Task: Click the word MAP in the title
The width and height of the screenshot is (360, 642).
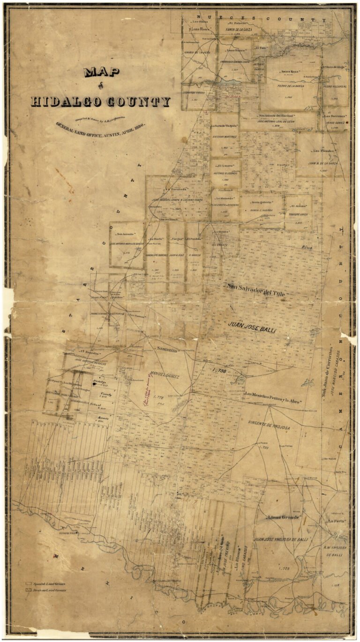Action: click(101, 72)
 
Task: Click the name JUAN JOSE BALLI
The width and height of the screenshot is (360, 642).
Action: click(252, 327)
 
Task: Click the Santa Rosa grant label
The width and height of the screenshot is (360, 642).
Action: click(290, 72)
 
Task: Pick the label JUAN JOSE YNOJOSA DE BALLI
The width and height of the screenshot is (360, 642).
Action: click(281, 540)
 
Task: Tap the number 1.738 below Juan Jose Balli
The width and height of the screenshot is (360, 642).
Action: click(219, 370)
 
